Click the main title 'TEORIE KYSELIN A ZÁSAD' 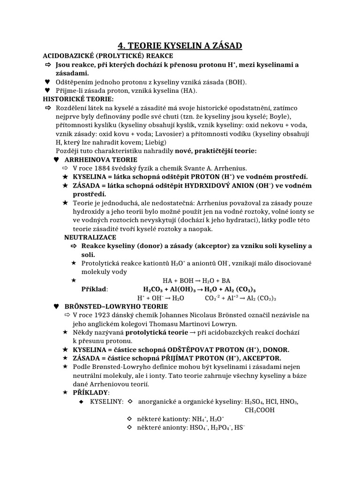click(x=180, y=45)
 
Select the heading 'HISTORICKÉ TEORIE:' click(x=78, y=99)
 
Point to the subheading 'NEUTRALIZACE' click(x=90, y=237)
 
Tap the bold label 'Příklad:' click(x=94, y=289)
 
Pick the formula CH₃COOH click(x=260, y=410)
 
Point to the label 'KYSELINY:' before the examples click(x=104, y=402)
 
